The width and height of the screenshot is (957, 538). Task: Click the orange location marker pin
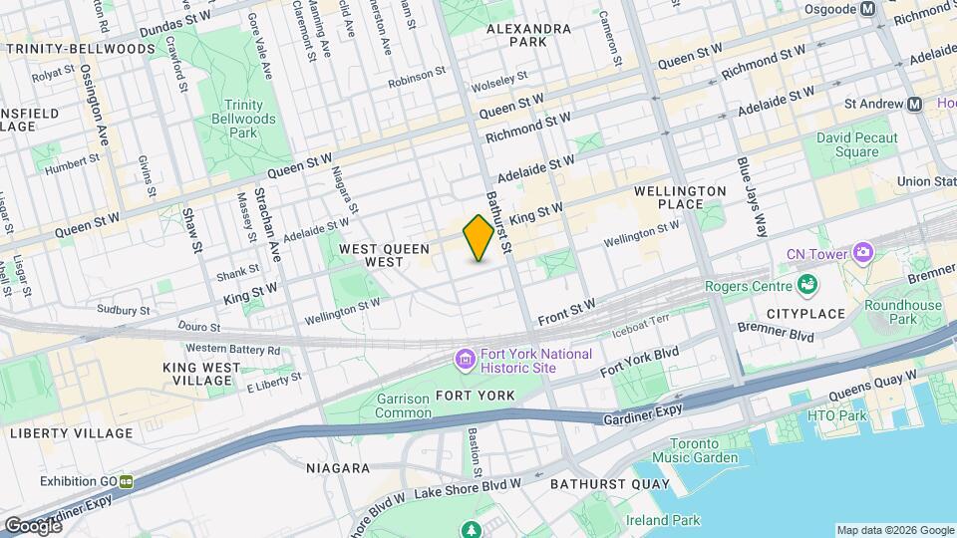point(478,237)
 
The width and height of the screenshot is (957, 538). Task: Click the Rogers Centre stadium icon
point(806,287)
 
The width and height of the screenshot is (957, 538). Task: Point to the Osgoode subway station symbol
point(867,8)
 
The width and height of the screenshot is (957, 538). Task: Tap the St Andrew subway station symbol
point(914,104)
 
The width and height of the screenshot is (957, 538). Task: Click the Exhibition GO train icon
point(127,481)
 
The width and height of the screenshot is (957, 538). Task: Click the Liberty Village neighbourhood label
point(71,433)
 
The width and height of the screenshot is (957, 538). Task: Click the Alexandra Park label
point(516,36)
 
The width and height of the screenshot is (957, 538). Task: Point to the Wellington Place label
point(681,197)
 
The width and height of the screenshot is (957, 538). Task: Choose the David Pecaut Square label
point(856,144)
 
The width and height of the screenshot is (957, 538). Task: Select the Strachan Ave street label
point(261,221)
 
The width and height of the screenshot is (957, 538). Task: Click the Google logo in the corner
point(33,525)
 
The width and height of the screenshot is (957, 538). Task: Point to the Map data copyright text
point(894,530)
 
